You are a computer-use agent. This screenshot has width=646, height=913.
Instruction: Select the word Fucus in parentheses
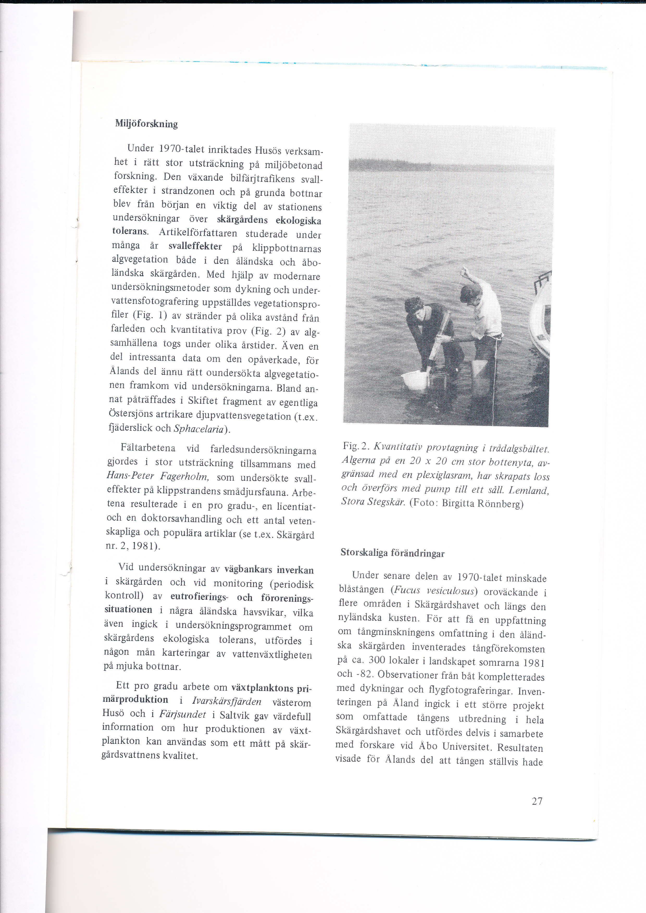coord(407,590)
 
